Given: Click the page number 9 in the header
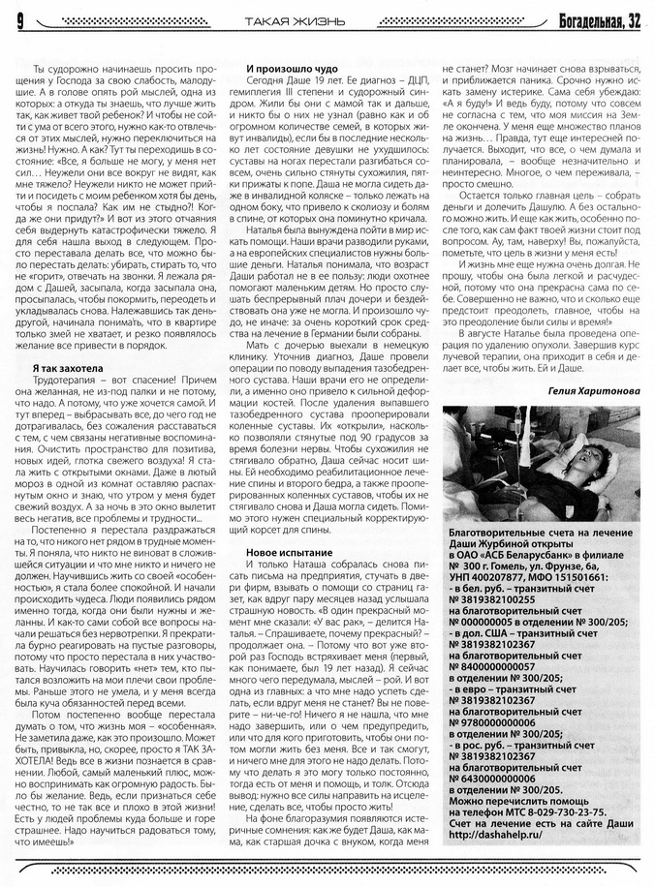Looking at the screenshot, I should point(18,18).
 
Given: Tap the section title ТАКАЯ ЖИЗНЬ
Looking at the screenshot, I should point(280,18).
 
